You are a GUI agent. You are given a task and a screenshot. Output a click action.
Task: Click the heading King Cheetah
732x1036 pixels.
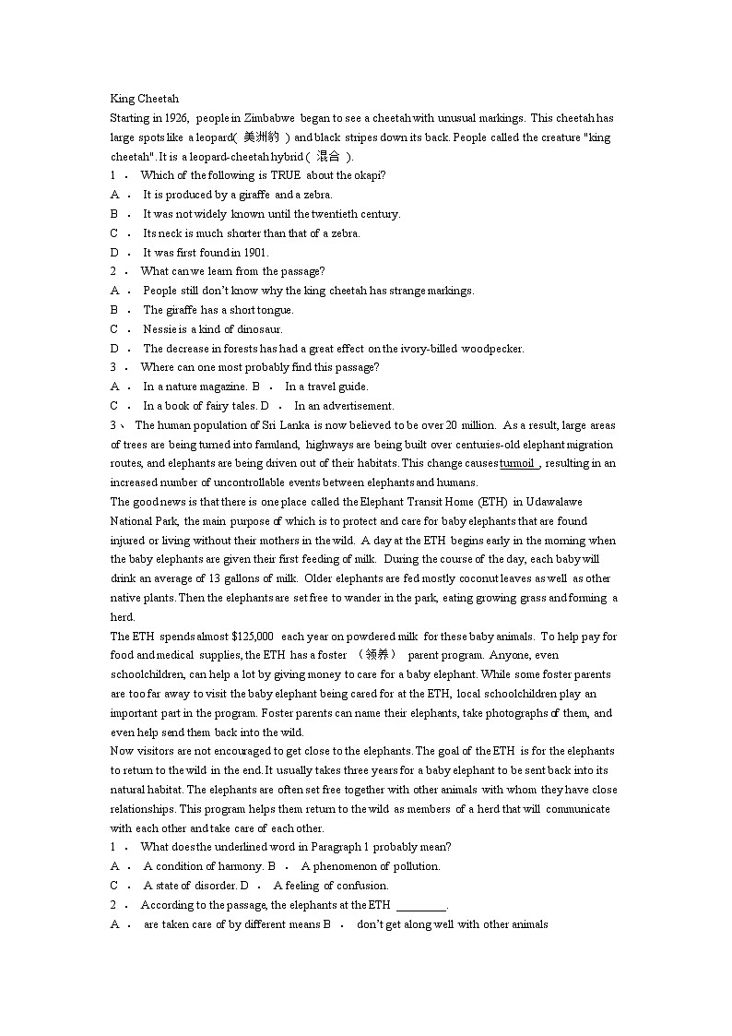click(144, 99)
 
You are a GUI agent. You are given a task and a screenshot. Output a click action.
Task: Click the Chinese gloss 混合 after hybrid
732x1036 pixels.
click(327, 157)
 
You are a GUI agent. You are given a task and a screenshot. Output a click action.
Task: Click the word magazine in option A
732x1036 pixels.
click(224, 387)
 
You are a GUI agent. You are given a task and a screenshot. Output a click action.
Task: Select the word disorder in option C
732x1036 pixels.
click(202, 886)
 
